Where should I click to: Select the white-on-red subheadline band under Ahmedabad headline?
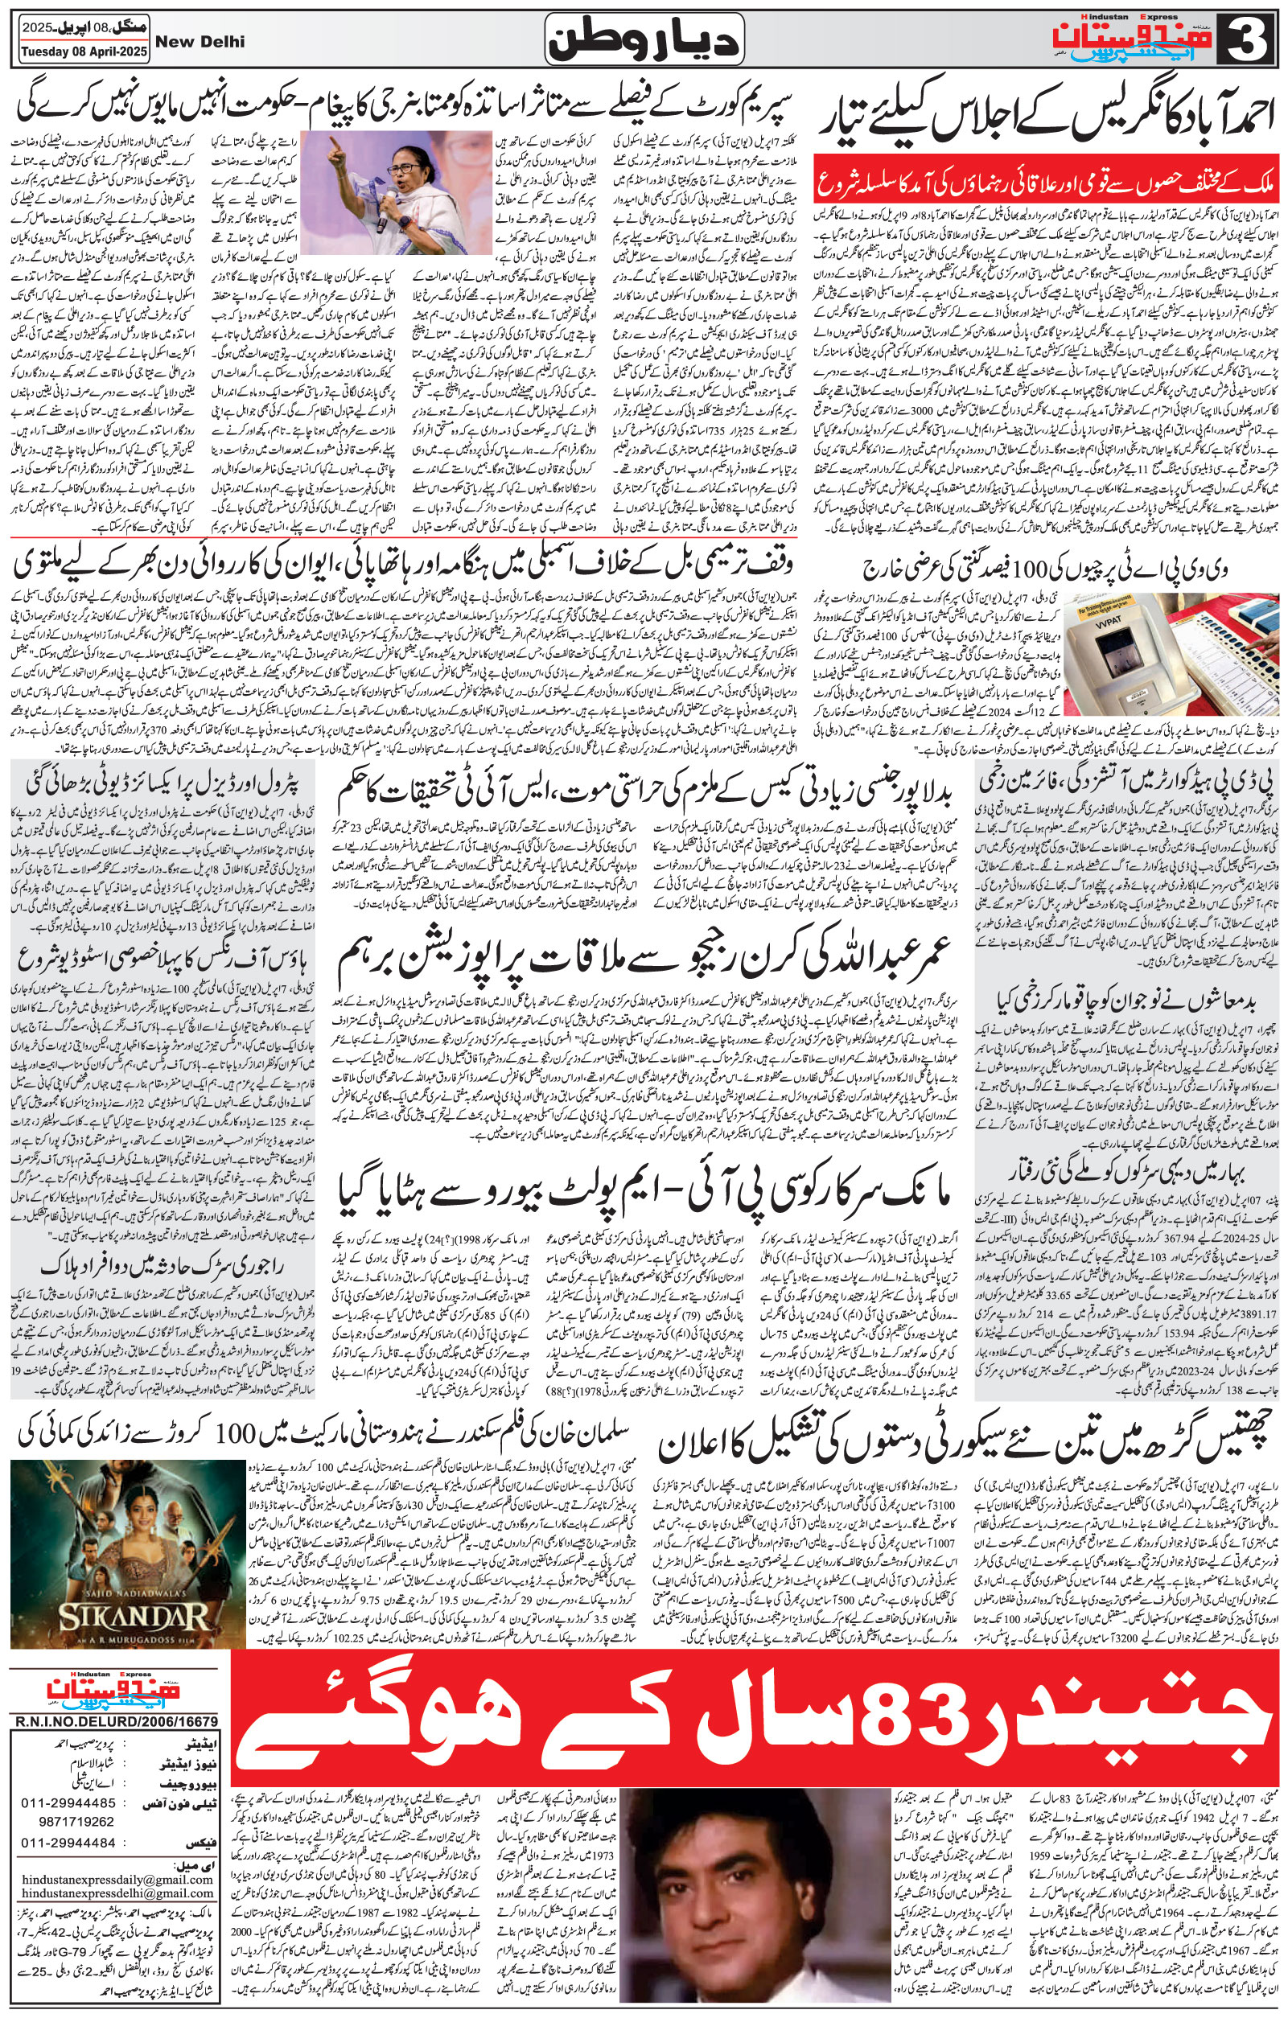(x=1047, y=185)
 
